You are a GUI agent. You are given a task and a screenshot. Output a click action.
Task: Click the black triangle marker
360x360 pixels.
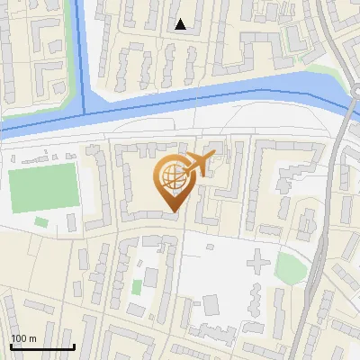pos(182,25)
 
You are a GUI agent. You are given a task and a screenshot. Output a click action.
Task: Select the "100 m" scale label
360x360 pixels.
pos(23,338)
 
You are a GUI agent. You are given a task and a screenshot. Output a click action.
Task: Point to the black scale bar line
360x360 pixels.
pos(41,346)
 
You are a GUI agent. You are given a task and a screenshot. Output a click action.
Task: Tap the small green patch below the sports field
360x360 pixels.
pos(41,222)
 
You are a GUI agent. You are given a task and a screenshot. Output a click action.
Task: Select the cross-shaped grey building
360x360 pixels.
pos(257,264)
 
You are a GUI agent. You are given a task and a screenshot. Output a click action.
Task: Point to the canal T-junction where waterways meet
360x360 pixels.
pos(86,114)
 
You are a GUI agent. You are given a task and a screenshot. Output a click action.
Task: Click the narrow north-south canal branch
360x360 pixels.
pos(83,54)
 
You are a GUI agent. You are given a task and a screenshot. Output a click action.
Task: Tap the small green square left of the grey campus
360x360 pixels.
pos(137,287)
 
